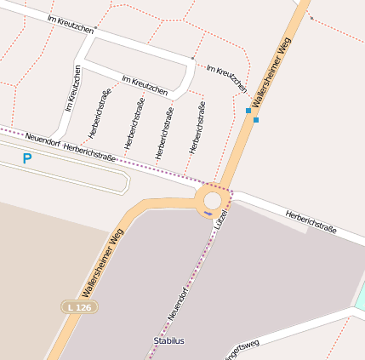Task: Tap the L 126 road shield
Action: (79, 306)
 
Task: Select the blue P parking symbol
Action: (27, 158)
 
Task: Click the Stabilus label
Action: (168, 340)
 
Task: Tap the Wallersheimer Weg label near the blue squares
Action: (273, 76)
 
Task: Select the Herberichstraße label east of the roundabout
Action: (311, 222)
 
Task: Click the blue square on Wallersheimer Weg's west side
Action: (248, 111)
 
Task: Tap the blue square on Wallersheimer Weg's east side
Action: (256, 120)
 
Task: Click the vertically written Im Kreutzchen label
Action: (73, 89)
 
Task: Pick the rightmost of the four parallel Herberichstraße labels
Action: (197, 127)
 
